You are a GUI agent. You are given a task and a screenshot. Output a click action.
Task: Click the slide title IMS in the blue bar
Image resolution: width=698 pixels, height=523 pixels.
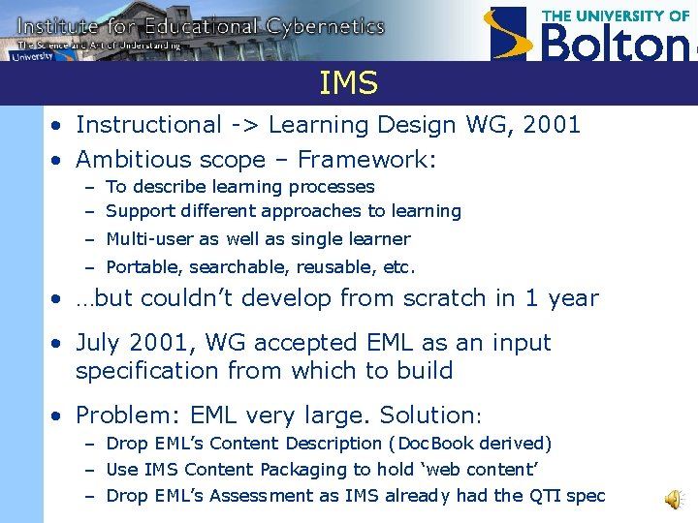348,84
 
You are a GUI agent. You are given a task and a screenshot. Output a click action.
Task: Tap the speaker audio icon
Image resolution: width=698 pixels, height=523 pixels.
673,498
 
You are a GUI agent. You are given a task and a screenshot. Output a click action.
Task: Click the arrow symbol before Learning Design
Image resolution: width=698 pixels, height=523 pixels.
242,125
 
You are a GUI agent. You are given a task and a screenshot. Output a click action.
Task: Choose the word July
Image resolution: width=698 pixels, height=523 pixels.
101,343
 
